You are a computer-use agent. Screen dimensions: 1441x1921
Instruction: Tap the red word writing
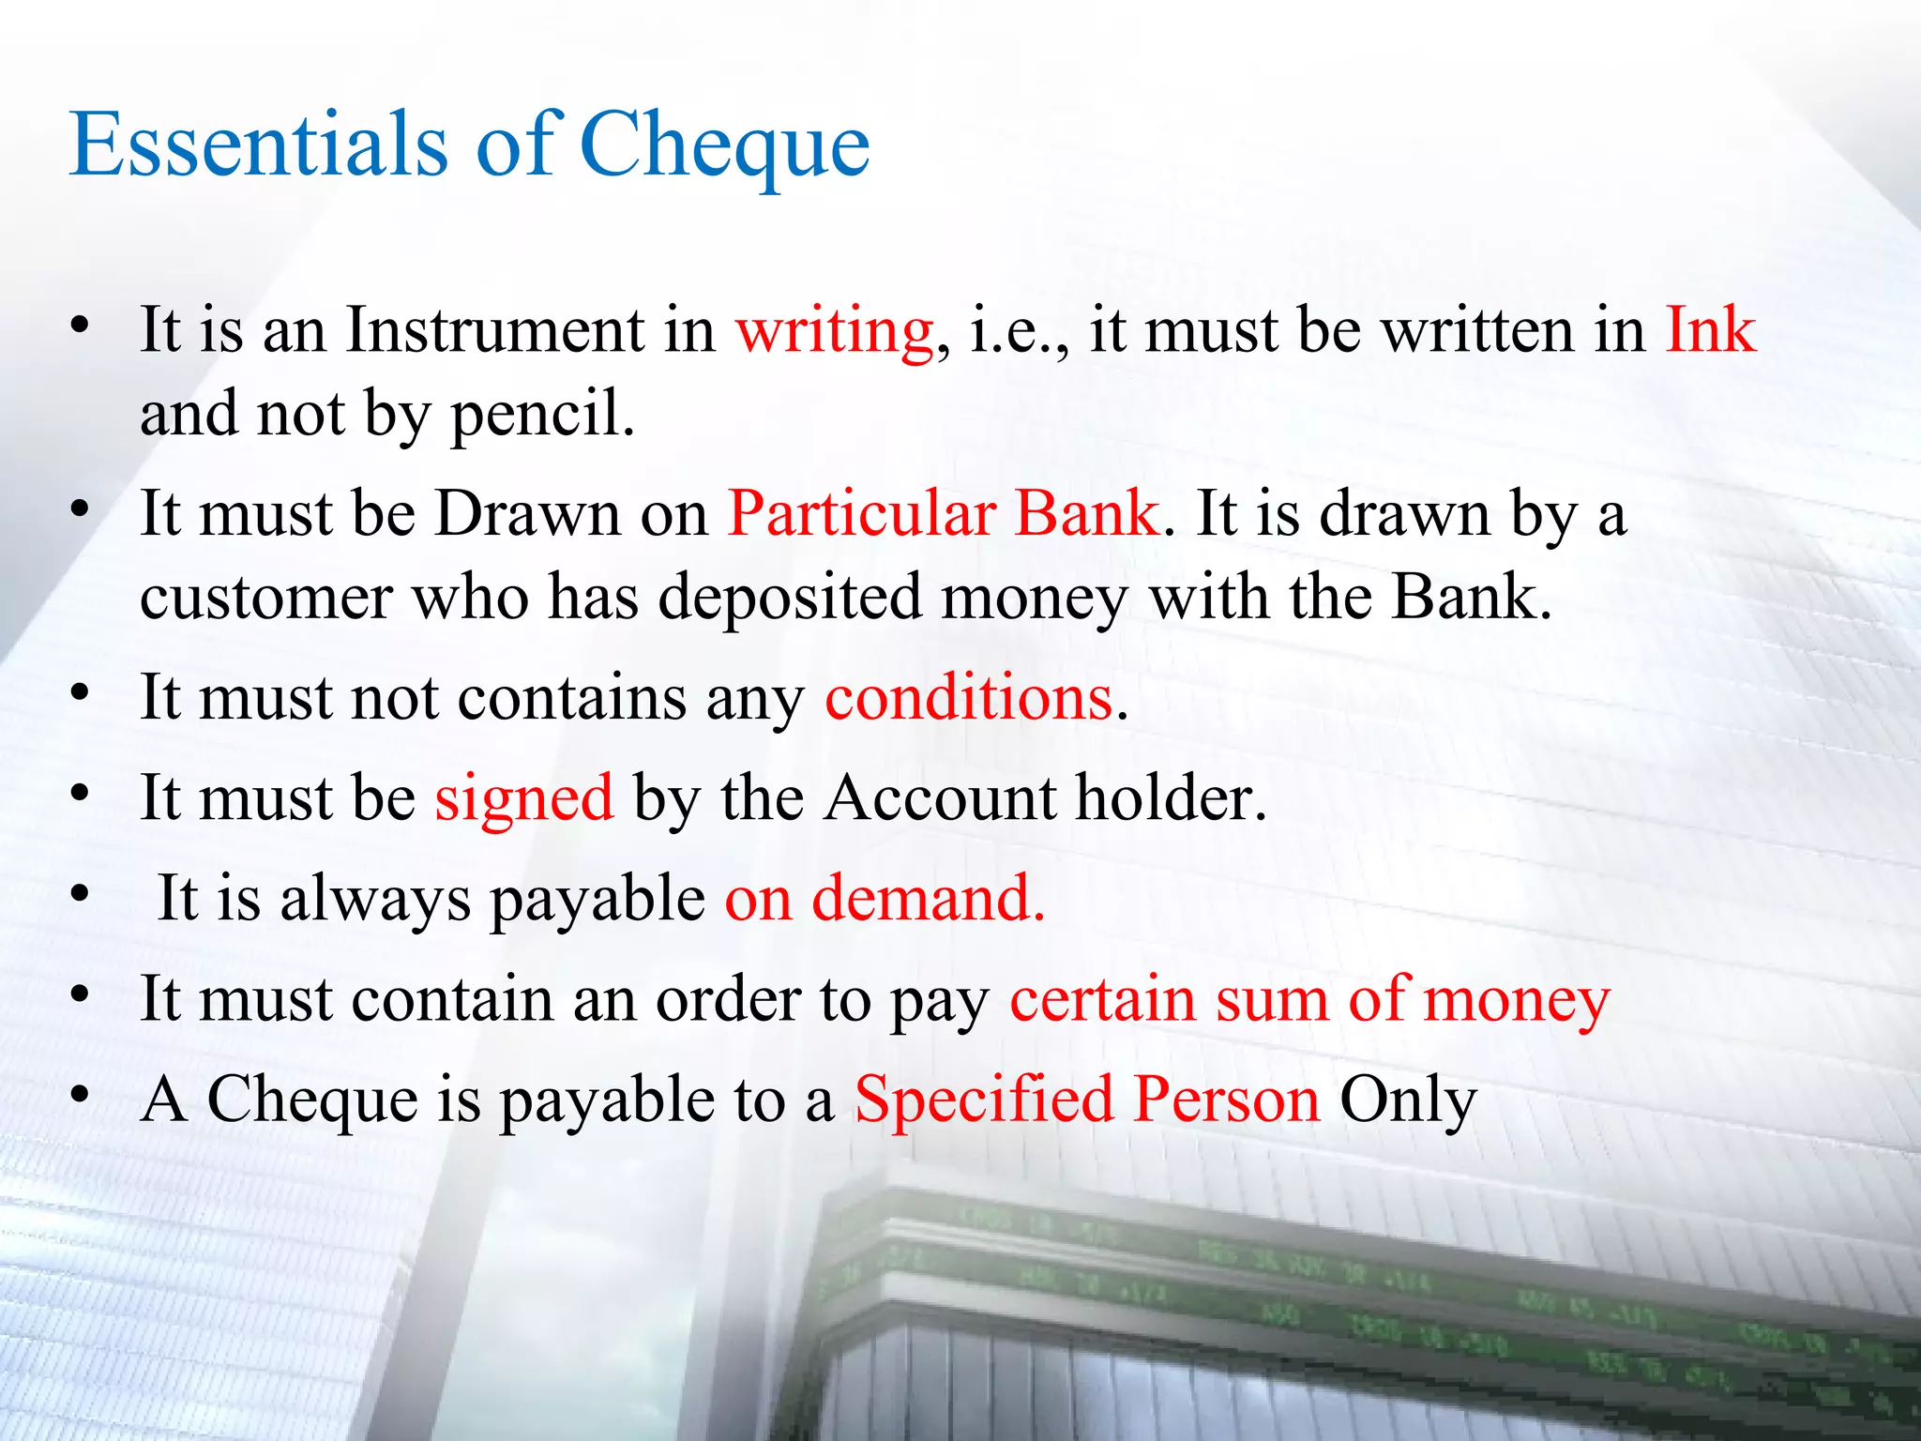click(834, 332)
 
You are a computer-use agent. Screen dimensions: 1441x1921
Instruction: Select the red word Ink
click(1710, 330)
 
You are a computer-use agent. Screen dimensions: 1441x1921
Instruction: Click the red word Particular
click(861, 514)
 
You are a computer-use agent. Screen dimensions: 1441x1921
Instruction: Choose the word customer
click(266, 598)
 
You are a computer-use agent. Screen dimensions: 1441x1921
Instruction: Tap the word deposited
click(789, 598)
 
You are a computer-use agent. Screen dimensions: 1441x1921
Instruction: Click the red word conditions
click(968, 698)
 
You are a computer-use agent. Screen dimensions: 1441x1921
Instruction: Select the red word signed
click(523, 798)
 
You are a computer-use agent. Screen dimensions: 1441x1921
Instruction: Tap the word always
click(375, 899)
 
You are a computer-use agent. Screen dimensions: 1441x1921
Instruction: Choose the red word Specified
click(983, 1100)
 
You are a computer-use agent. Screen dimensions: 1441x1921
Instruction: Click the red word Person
click(1226, 1100)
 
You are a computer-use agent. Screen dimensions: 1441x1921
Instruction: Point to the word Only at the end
click(1408, 1101)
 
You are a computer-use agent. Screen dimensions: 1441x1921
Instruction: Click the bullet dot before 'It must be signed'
click(81, 795)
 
